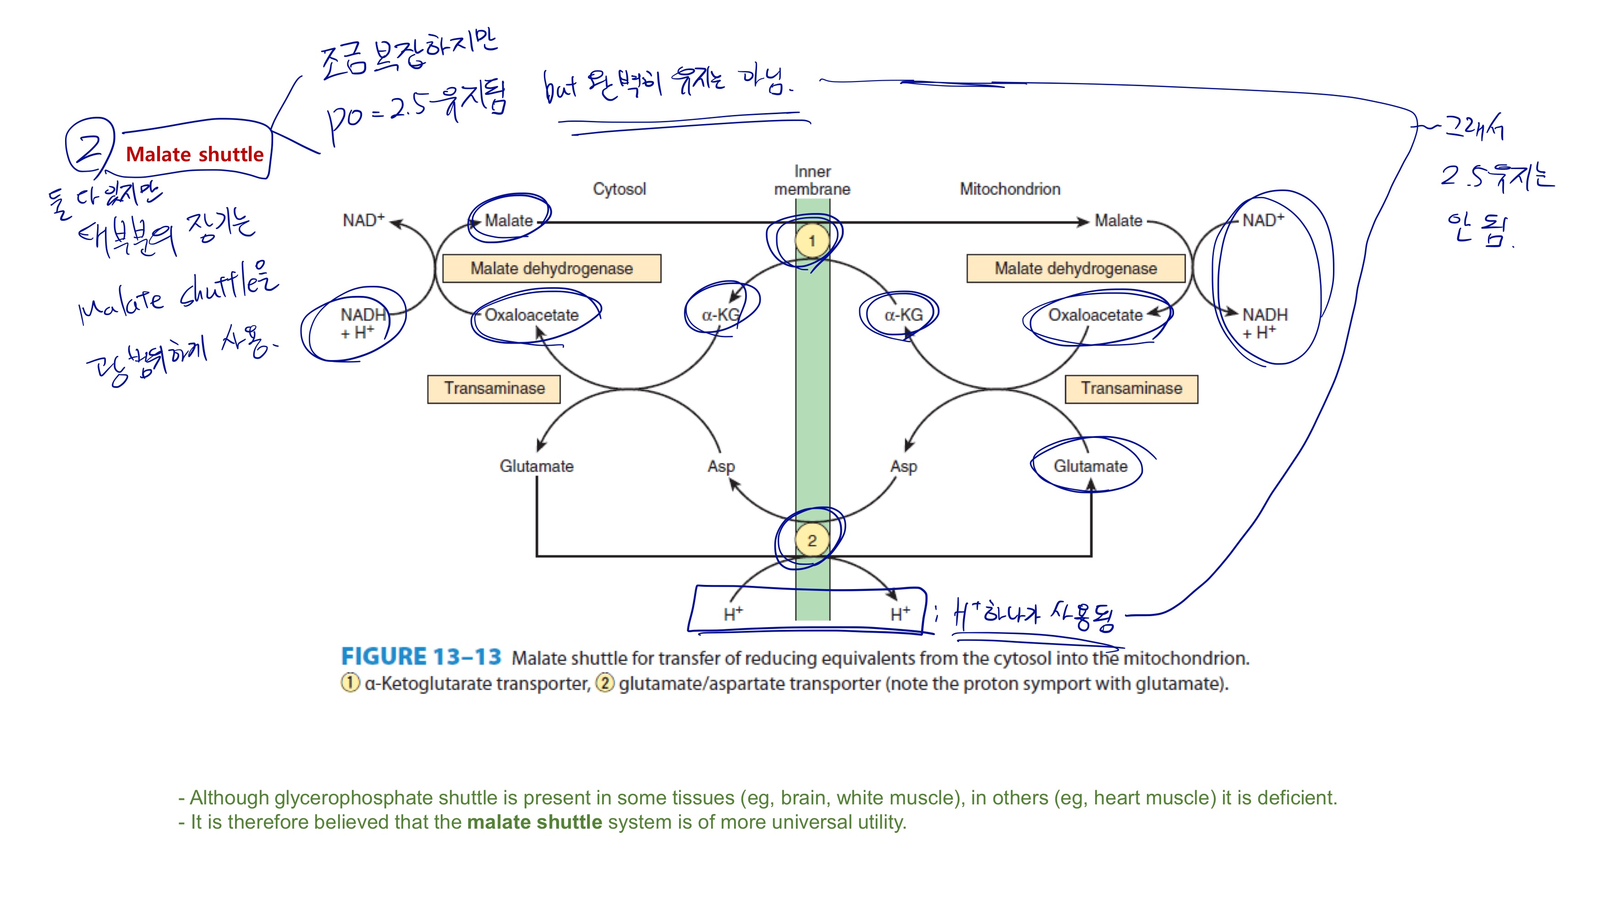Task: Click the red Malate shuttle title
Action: tap(195, 154)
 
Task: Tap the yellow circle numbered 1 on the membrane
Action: tap(812, 240)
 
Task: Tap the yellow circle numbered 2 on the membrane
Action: tap(812, 540)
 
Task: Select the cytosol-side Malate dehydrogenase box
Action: tap(552, 268)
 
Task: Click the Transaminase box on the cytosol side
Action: tap(494, 389)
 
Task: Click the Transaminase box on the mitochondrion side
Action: tap(1131, 389)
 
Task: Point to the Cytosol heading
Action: tap(619, 189)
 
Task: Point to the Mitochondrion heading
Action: tap(1010, 189)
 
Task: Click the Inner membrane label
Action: tap(812, 180)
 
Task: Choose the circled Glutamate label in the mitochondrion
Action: tap(1090, 466)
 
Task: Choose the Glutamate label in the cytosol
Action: tap(536, 466)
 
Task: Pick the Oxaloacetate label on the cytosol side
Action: tap(531, 315)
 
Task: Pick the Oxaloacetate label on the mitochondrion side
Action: tap(1095, 315)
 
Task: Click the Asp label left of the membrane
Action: tap(721, 466)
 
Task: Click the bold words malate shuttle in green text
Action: tap(534, 822)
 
